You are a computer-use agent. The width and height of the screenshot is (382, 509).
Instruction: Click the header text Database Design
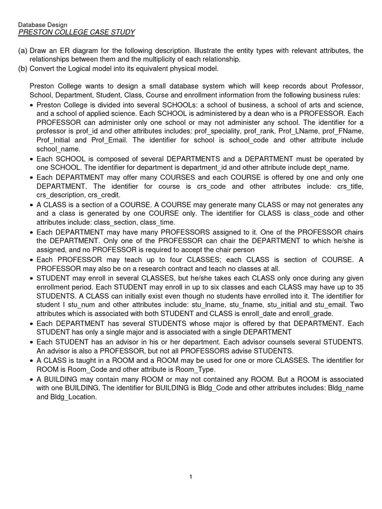click(x=42, y=24)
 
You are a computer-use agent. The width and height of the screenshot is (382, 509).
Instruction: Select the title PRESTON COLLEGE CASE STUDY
click(x=76, y=32)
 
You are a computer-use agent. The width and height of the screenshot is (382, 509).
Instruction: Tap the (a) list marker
click(x=22, y=51)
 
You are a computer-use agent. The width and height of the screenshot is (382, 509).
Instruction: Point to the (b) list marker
click(x=22, y=68)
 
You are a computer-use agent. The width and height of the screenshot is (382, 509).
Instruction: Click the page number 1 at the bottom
click(x=191, y=477)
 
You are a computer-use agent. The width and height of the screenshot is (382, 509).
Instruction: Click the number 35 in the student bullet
click(x=360, y=287)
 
